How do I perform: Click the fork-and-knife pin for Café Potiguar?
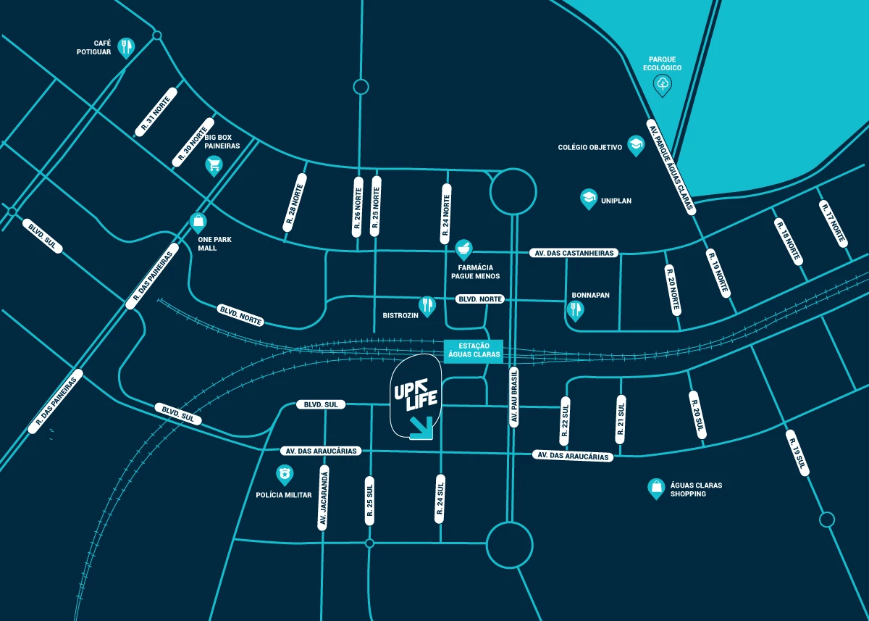(x=127, y=47)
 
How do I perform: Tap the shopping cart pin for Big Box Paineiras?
(x=214, y=166)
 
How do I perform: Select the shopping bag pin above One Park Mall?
(x=198, y=221)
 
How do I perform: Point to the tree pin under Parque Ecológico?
(x=663, y=86)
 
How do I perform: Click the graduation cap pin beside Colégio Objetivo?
(x=636, y=145)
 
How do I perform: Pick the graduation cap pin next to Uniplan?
(x=589, y=198)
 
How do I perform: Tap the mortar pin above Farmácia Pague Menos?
(x=463, y=249)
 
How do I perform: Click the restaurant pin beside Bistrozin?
(x=427, y=305)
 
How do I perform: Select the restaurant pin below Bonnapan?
(x=576, y=310)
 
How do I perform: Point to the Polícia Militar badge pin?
(x=285, y=475)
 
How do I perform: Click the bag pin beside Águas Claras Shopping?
(x=655, y=488)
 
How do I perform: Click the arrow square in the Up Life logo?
(x=421, y=428)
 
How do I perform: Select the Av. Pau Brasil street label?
(x=514, y=396)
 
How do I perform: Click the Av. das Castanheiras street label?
(x=574, y=253)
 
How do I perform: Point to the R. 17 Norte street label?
(x=834, y=223)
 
